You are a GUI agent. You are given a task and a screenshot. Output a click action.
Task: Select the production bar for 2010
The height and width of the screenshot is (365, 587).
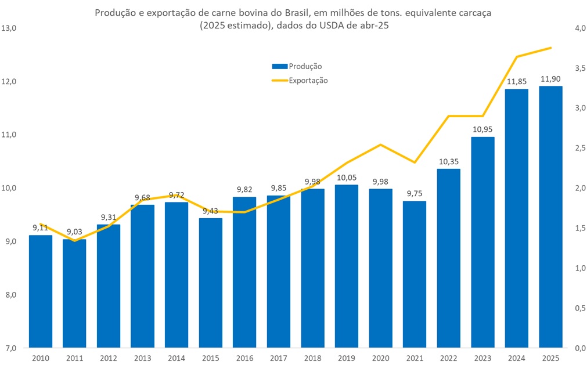click(x=40, y=290)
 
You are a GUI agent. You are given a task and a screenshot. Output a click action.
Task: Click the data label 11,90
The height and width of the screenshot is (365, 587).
click(x=550, y=78)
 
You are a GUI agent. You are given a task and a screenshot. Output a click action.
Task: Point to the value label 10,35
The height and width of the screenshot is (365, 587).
click(x=448, y=161)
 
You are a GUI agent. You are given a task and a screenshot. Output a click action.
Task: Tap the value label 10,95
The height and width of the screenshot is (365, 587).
click(x=482, y=129)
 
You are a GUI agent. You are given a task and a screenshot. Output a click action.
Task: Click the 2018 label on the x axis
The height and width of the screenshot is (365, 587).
click(x=312, y=358)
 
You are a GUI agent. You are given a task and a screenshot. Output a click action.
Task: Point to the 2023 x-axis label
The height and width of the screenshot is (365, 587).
click(x=482, y=358)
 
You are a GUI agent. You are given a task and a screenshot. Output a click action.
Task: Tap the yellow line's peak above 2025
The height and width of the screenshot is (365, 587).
click(x=550, y=48)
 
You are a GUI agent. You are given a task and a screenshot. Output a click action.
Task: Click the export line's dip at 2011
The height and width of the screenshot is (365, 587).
click(x=74, y=240)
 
